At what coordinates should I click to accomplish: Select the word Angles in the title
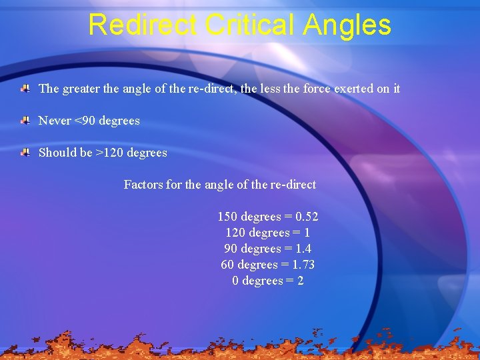[x=347, y=25]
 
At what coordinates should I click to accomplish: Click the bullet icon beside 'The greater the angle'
[x=25, y=88]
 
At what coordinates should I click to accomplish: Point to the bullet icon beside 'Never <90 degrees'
[x=25, y=121]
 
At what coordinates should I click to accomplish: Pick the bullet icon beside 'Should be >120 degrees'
[x=25, y=153]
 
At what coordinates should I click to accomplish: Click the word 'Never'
[x=55, y=121]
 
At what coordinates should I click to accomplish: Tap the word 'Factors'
[x=143, y=185]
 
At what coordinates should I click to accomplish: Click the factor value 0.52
[x=307, y=217]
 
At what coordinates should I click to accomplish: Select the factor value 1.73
[x=303, y=265]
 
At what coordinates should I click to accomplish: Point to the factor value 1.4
[x=301, y=249]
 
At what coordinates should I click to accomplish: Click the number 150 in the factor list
[x=227, y=217]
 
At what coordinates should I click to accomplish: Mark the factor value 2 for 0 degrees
[x=301, y=281]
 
